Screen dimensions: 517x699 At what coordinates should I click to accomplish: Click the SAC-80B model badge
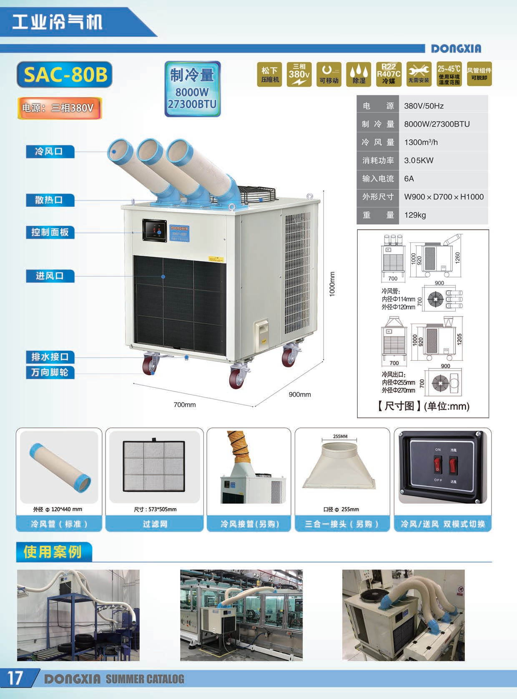(65, 75)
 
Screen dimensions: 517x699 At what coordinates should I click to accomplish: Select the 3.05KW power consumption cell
(419, 160)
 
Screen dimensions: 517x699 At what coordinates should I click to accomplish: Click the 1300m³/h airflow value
(421, 142)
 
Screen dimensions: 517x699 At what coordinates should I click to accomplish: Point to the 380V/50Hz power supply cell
(424, 106)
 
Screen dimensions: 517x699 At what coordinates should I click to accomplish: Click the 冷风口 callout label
(50, 151)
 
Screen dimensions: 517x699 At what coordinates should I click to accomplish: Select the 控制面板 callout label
(50, 232)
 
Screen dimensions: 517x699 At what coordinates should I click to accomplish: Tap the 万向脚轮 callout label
(50, 372)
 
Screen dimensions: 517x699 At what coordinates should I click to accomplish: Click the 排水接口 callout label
(50, 357)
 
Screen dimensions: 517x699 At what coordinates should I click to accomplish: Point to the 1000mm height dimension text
(332, 284)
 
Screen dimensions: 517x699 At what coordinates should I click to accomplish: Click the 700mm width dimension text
(184, 404)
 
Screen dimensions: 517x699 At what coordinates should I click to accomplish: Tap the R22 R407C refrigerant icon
(389, 74)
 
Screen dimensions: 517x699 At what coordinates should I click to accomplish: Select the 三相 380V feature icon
(299, 74)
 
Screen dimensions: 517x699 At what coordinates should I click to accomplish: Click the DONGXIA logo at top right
(456, 49)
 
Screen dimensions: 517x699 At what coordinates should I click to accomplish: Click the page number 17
(15, 678)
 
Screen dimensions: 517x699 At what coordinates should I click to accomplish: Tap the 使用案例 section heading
(53, 552)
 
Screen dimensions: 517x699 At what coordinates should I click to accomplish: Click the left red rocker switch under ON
(437, 464)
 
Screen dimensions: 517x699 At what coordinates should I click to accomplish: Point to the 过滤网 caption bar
(155, 524)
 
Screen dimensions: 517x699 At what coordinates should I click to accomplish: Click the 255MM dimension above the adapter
(340, 437)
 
